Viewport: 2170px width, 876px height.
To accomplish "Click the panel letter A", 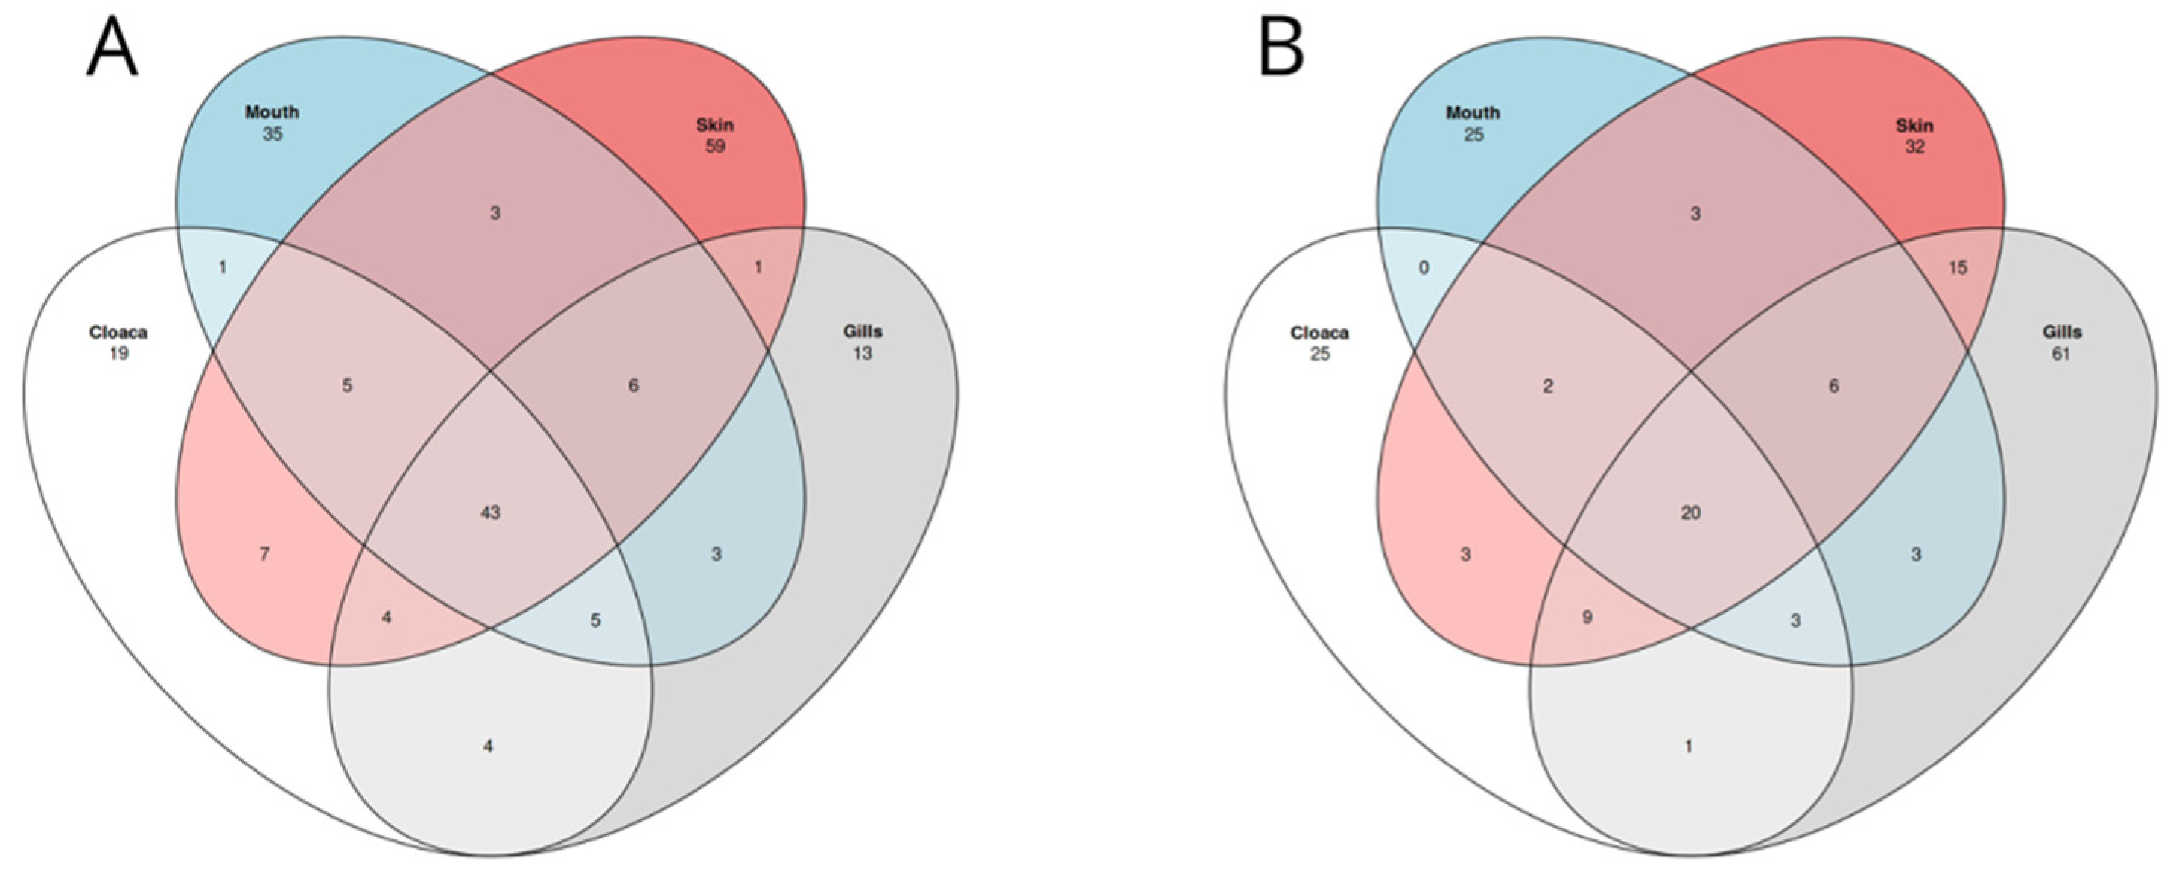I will (112, 49).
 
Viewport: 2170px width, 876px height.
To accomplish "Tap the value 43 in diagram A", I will (490, 512).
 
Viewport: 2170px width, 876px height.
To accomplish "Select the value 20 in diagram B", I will (1691, 512).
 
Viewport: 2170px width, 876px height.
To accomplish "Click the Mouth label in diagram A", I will (271, 112).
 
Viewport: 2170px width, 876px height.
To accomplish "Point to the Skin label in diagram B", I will (1914, 125).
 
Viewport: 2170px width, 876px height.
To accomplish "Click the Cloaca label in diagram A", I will (118, 333).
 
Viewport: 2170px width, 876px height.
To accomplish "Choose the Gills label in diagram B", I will (2061, 332).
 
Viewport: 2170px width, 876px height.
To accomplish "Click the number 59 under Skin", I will (714, 147).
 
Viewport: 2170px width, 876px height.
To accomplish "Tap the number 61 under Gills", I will (2060, 354).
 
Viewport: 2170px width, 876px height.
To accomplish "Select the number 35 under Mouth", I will (271, 134).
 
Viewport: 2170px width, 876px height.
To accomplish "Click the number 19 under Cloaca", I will (118, 354).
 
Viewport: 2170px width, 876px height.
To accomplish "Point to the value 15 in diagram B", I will (1958, 268).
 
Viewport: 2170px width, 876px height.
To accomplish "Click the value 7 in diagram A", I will (264, 554).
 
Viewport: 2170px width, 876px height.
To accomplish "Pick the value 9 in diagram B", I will (1587, 618).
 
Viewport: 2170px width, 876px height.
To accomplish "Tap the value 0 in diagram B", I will (1424, 268).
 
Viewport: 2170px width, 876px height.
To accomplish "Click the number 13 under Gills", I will (862, 354).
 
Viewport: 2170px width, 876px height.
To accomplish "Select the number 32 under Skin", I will (1914, 147).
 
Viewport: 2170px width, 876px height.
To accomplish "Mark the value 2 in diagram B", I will (1547, 386).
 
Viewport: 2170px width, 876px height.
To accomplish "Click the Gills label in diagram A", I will (863, 332).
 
